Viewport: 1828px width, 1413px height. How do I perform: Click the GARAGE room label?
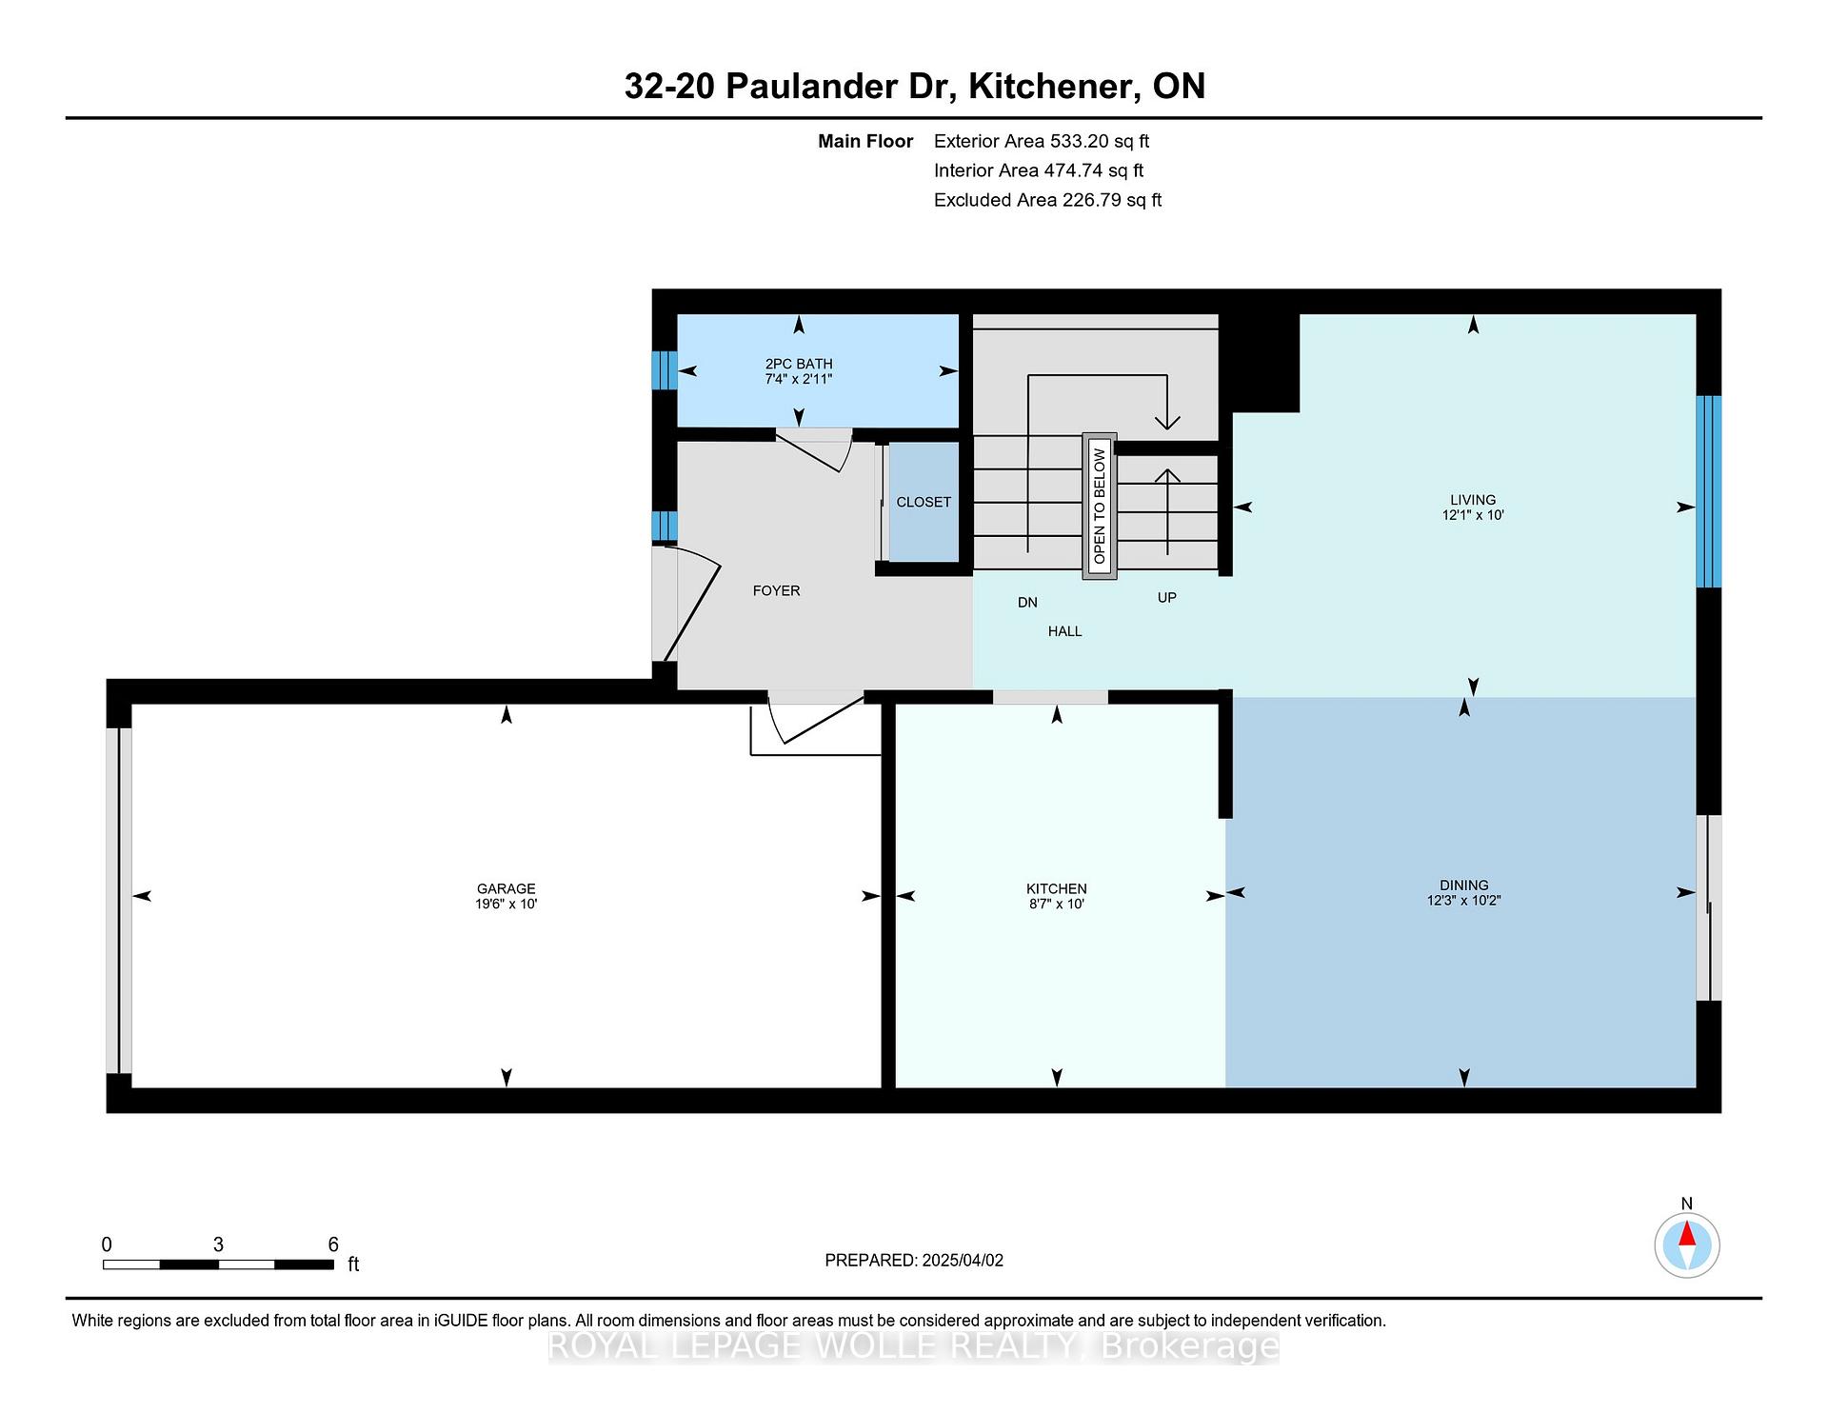[x=506, y=888]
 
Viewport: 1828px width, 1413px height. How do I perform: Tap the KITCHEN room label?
[x=1056, y=888]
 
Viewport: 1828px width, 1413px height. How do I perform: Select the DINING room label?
[x=1463, y=885]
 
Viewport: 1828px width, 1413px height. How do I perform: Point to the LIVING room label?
[x=1472, y=499]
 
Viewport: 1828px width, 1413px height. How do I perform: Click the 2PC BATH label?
[x=799, y=364]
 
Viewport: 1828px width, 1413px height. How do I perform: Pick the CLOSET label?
[x=924, y=502]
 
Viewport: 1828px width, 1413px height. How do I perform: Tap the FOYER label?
[x=776, y=590]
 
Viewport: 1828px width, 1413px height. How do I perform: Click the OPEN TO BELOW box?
[x=1099, y=507]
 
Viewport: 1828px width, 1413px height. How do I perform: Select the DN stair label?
[x=1027, y=602]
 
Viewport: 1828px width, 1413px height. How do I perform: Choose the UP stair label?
[x=1166, y=597]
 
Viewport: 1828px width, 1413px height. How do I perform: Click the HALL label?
[x=1064, y=630]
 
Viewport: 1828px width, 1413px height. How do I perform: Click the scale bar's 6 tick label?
[x=333, y=1244]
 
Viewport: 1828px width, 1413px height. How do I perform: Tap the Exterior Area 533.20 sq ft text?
[x=1042, y=141]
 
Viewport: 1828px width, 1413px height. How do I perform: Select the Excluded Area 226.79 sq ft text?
[x=1047, y=200]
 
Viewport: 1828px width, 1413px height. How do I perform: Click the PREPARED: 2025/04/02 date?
[x=914, y=1260]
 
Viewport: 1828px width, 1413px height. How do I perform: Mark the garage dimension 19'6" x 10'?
[x=506, y=904]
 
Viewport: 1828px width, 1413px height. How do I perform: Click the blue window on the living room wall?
[x=1709, y=491]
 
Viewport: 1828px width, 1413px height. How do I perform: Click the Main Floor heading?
[x=865, y=141]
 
